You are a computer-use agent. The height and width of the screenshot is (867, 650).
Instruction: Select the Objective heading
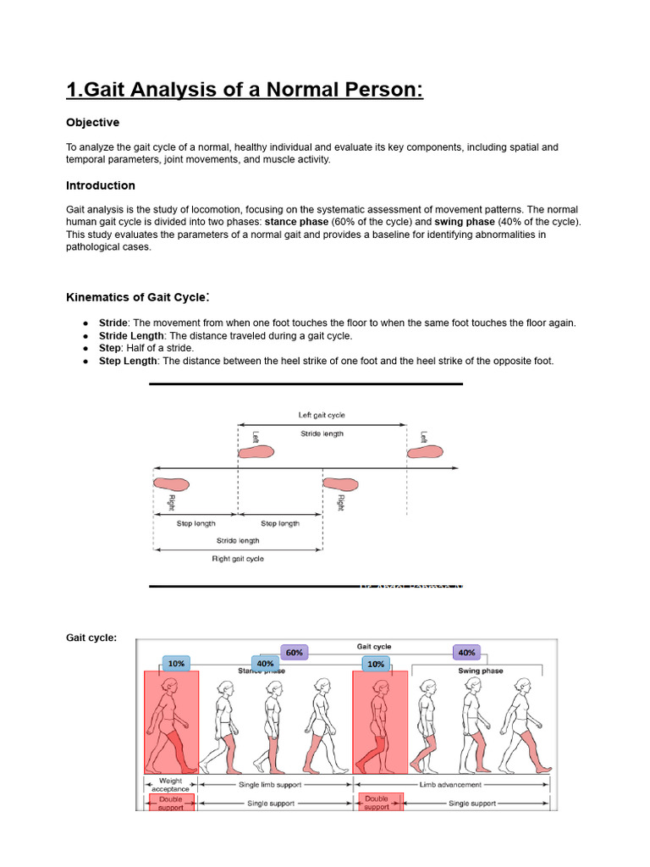(x=93, y=123)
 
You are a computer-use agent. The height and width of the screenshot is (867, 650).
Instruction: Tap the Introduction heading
(x=101, y=185)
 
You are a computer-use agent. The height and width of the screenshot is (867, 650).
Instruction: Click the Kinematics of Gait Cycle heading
(x=138, y=297)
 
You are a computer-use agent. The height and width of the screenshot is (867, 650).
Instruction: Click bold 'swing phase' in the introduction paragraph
(x=464, y=222)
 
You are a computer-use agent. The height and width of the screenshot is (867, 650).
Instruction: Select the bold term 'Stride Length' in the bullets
(x=131, y=335)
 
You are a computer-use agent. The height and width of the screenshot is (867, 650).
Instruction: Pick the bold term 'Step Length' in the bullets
(x=128, y=361)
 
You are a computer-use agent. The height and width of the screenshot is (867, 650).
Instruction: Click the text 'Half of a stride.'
(x=160, y=348)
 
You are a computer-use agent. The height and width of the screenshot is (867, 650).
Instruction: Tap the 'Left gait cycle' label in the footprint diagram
(x=322, y=415)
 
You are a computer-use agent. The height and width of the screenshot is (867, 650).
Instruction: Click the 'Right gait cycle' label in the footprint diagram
(x=238, y=559)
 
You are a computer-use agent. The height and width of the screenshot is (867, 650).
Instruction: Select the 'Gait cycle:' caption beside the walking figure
(x=91, y=638)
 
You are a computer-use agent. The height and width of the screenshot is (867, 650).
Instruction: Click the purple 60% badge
(x=294, y=652)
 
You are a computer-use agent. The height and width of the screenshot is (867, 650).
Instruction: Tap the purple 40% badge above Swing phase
(x=466, y=652)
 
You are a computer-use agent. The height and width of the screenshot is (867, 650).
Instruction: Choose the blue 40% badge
(x=265, y=664)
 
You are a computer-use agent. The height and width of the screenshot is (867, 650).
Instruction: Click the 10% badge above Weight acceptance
(x=176, y=664)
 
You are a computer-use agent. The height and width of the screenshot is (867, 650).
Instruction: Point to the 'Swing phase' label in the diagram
(x=480, y=671)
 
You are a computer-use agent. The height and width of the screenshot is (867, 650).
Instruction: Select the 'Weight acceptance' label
(x=171, y=785)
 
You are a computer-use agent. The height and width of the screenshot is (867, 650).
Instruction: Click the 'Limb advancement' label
(x=452, y=785)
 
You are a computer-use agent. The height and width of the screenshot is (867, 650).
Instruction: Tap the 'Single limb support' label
(x=274, y=785)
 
